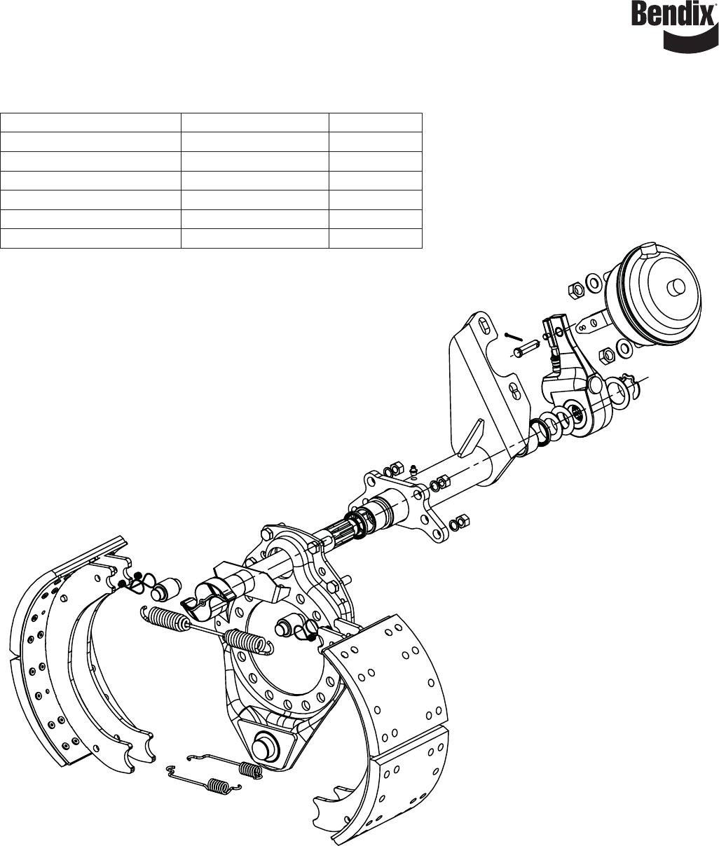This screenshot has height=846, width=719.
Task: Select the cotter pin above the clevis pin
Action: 514,336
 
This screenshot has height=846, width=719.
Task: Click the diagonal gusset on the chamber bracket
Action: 472,437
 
